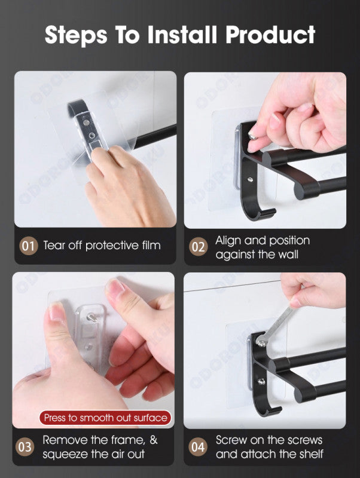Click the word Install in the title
pos(182,34)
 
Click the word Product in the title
pos(270,35)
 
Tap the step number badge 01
pos(28,246)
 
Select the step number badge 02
pos(199,247)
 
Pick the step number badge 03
pos(25,447)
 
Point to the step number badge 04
pos(198,447)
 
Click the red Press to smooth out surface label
pos(106,418)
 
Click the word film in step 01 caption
pos(151,245)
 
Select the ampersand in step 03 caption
pos(154,440)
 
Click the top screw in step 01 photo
pos(86,122)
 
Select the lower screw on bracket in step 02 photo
pos(250,180)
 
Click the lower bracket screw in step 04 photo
pos(261,381)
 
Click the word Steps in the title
pos(76,35)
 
